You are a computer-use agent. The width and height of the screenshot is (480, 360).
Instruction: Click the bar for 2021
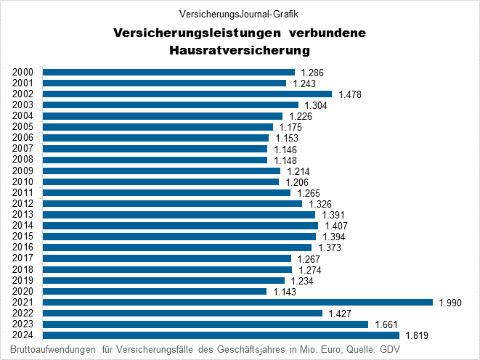coord(237,302)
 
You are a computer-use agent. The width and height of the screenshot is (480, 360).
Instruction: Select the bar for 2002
coord(187,94)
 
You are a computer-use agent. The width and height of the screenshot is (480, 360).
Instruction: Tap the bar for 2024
coord(221,335)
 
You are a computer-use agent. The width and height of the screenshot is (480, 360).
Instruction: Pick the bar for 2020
coord(155,291)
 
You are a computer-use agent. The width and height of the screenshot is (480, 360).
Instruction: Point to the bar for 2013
coord(179,215)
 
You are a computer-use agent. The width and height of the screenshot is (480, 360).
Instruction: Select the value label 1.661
coord(385,324)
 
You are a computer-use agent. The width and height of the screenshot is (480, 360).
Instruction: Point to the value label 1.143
coord(283,292)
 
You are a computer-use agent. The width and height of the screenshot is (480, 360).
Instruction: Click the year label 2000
coord(23,72)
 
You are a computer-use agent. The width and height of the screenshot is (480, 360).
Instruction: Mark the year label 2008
coord(23,160)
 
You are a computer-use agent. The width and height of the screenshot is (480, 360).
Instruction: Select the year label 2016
coord(23,247)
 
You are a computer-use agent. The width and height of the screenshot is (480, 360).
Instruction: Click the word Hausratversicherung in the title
coord(239,51)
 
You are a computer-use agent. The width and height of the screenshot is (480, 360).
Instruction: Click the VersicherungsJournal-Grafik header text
coord(239,14)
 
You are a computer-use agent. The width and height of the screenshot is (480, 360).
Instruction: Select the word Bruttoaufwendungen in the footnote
coord(50,349)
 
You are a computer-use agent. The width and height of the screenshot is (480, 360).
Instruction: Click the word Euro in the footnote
coord(325,349)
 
